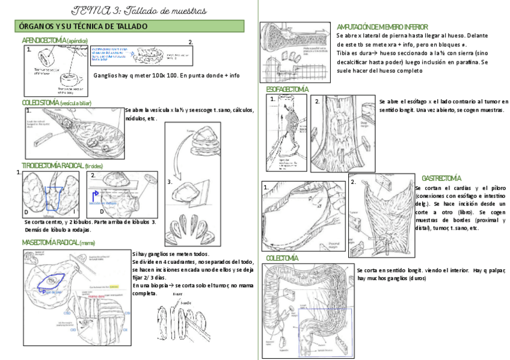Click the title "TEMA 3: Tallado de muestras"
pyautogui.click(x=140, y=10)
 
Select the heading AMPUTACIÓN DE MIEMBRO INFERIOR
pyautogui.click(x=382, y=27)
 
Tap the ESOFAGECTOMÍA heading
pyautogui.click(x=287, y=90)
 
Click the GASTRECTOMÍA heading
pyautogui.click(x=441, y=178)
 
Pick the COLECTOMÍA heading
pyautogui.click(x=282, y=258)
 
